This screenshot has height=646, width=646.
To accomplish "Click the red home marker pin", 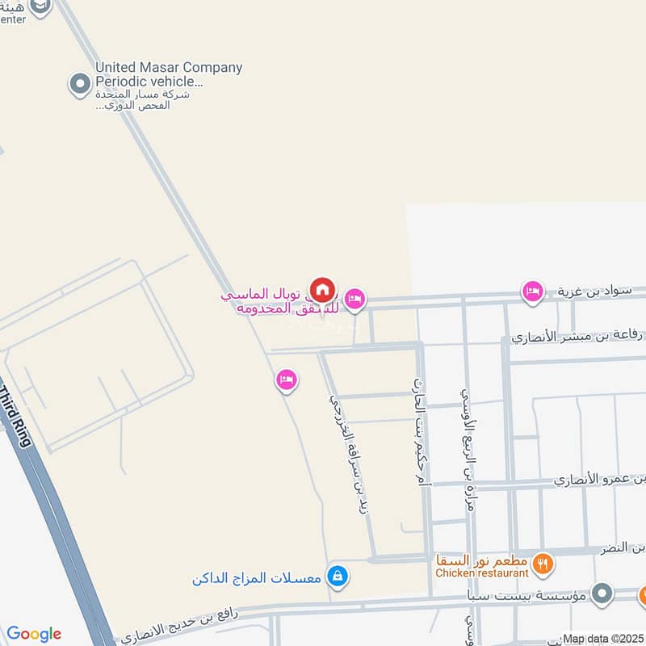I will pyautogui.click(x=322, y=289).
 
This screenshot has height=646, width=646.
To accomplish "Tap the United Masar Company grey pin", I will pyautogui.click(x=79, y=84).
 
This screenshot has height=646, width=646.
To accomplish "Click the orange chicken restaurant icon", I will pyautogui.click(x=543, y=564).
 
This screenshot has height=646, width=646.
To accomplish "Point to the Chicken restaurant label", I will pyautogui.click(x=482, y=573).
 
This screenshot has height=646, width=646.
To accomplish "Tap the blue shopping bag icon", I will pyautogui.click(x=339, y=577).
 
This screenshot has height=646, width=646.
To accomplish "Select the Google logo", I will pyautogui.click(x=34, y=634).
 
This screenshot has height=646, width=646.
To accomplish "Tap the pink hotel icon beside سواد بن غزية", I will pyautogui.click(x=532, y=291).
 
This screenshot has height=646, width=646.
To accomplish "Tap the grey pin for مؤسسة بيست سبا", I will pyautogui.click(x=601, y=595).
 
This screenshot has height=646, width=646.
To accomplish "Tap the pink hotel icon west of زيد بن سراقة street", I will pyautogui.click(x=286, y=379).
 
